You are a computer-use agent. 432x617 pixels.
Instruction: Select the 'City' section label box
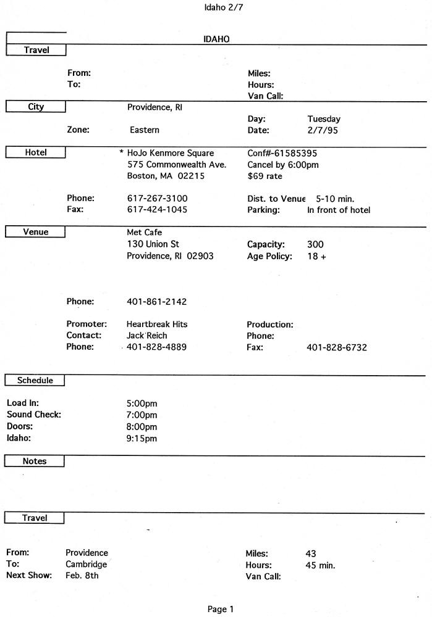click(36, 107)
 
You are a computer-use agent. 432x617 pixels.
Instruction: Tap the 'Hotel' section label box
click(36, 152)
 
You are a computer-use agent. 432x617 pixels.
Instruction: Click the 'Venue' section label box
click(36, 232)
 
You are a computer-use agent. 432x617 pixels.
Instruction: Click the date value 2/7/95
click(322, 130)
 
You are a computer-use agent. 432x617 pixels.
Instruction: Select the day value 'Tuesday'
click(323, 118)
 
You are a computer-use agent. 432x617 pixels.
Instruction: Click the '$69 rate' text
click(265, 176)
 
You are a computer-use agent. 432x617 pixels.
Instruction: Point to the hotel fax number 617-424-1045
click(157, 209)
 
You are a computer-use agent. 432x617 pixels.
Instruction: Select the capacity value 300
click(315, 244)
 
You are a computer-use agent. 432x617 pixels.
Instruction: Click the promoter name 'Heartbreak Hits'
click(157, 324)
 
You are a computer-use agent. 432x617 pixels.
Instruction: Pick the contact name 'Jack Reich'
click(146, 335)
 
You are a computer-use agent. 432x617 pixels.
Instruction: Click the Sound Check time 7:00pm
click(142, 415)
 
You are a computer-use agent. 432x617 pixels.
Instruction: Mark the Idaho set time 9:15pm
click(142, 438)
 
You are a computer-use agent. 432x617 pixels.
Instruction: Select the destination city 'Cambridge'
click(86, 564)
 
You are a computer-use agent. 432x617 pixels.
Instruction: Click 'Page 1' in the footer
click(221, 609)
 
